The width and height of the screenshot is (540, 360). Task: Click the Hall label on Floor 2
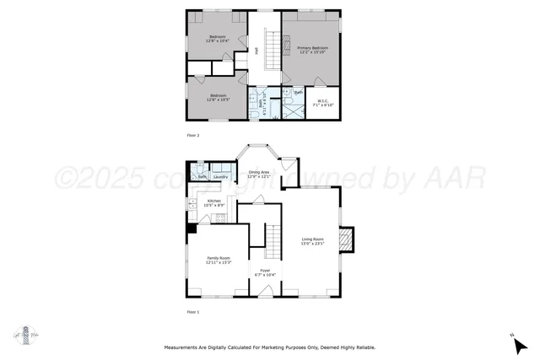coord(256,51)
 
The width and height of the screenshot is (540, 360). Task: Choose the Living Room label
coord(313,241)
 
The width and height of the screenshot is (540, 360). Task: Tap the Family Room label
coord(218,260)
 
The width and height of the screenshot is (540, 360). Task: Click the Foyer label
coord(265,272)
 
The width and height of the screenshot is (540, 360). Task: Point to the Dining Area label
coord(259,174)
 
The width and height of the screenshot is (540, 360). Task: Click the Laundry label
coord(220,176)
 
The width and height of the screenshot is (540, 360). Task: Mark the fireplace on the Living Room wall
coord(347,241)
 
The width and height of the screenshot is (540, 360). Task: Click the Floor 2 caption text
coord(193,135)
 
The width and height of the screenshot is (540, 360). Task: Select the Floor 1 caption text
coord(193,312)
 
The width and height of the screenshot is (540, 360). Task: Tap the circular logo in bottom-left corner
coord(26,335)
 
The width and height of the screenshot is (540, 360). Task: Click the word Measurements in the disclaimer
coord(185,347)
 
